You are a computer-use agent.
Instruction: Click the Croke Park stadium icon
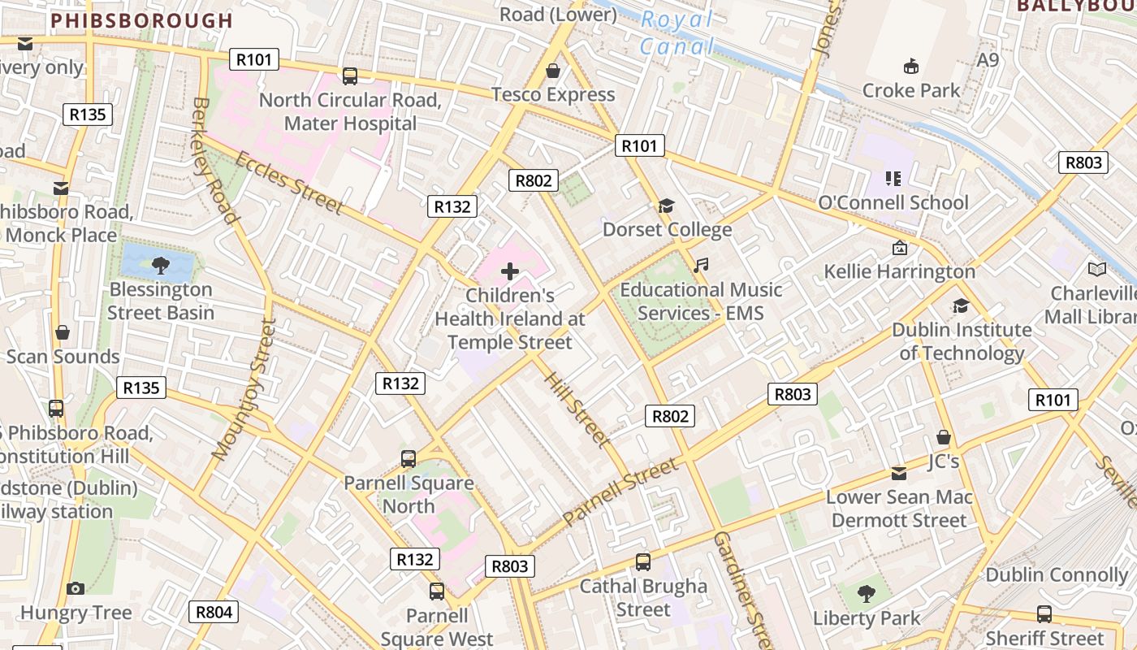point(911,67)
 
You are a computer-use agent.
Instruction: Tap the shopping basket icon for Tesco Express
point(553,71)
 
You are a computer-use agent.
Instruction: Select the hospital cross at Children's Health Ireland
point(510,271)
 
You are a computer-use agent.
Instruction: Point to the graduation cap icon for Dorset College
point(667,206)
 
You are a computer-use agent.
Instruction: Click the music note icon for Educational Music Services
point(701,266)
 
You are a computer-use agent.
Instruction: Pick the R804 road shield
point(214,612)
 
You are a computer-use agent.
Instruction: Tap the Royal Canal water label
point(677,32)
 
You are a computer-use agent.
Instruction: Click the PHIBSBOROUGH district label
point(142,20)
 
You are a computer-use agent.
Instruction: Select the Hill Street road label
point(577,409)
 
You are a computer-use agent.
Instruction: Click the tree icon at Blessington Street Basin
point(161,265)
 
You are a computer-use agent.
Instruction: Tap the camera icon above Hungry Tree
point(76,588)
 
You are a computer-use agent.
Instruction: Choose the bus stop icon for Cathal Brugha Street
point(643,561)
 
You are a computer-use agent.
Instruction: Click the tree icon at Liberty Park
point(867,593)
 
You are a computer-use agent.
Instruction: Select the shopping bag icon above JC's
point(944,437)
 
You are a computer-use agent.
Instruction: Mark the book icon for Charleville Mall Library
point(1096,269)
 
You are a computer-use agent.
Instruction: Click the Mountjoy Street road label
point(244,390)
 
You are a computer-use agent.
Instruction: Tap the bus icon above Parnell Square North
point(409,458)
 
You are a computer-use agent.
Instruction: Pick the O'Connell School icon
point(893,178)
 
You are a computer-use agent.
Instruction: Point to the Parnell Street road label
point(620,491)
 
